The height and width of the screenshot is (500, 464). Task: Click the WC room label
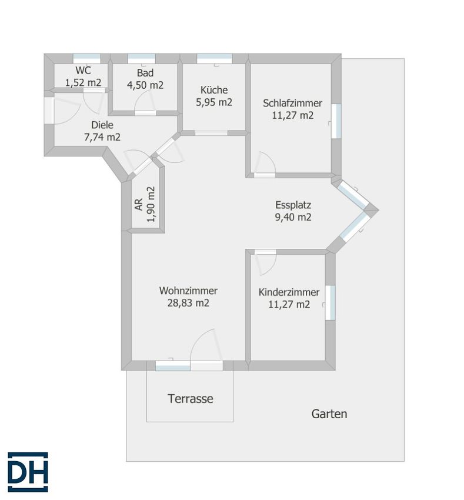coord(83,70)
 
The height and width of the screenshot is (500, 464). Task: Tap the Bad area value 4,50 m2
coord(145,85)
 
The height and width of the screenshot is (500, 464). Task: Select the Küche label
coord(214,90)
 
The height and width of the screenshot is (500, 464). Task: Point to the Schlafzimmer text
coord(292,104)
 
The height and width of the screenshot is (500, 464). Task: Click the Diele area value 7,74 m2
coord(102,137)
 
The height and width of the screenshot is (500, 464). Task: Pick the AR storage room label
coord(139,204)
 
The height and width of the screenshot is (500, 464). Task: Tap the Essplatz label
coord(293,205)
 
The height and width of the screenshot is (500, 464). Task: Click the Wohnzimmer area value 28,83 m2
coord(188,303)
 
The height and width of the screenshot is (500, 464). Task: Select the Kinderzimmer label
coord(289,292)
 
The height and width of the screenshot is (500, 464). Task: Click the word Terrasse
coord(191,399)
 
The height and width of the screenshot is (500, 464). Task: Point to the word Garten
coord(329,414)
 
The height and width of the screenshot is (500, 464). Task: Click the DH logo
coord(28,472)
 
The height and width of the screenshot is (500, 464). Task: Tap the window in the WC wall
coord(86,59)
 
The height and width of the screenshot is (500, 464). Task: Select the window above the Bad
coord(142,59)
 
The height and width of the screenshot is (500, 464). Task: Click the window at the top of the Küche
coord(214,59)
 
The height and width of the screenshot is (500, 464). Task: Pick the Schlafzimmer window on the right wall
coord(336,121)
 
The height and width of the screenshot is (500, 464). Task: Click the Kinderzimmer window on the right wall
coord(330,302)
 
